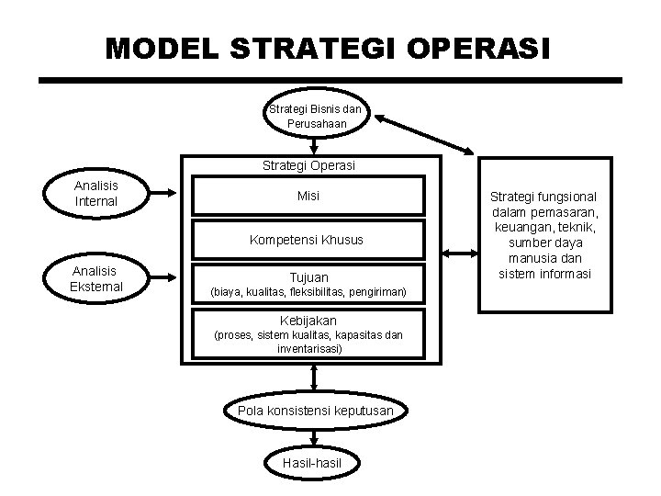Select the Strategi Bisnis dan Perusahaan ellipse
(315, 115)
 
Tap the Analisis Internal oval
(96, 192)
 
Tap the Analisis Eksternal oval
(96, 277)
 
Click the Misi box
(308, 197)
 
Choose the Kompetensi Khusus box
(308, 240)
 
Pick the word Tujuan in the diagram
(308, 276)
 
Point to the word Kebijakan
(308, 321)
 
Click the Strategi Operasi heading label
(308, 166)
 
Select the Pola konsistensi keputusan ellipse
(315, 410)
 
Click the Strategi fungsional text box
(543, 235)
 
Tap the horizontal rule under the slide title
(330, 81)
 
